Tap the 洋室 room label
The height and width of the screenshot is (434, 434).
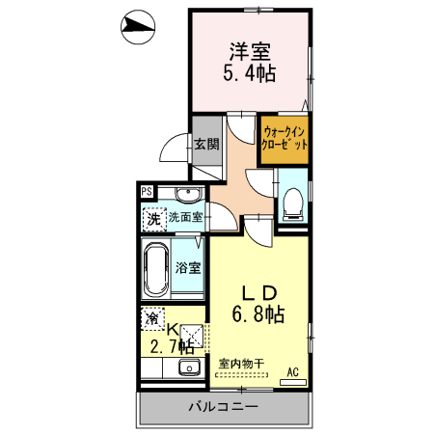pos(248,50)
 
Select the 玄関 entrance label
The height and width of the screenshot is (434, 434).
pos(204,145)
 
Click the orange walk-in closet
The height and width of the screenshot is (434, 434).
pos(284,137)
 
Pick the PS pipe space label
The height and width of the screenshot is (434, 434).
pos(147,191)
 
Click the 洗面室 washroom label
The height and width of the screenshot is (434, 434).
pos(185,217)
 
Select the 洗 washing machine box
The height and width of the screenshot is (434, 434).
pos(153,219)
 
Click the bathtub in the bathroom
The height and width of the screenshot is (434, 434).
pos(155,269)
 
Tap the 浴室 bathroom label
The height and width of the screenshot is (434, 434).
pos(188,268)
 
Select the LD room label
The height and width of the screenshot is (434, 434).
pos(258,292)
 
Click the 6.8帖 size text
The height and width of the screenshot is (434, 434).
pos(258,313)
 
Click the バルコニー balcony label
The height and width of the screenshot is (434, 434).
pos(223,407)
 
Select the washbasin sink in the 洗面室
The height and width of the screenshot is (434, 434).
pos(188,196)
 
